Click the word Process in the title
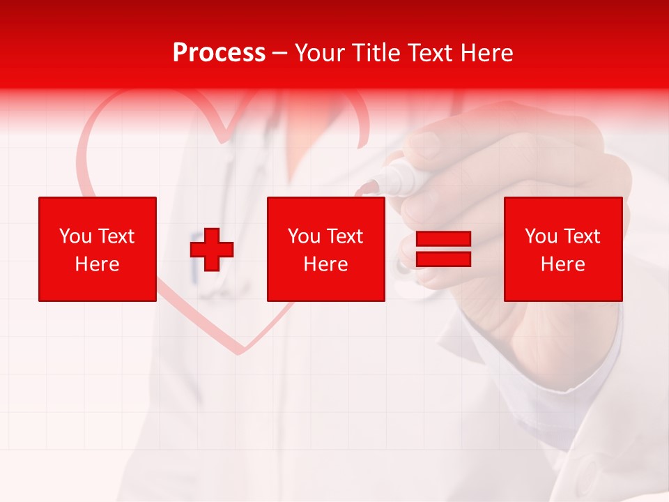[x=219, y=53]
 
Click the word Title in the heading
[x=376, y=53]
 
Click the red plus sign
[x=212, y=249]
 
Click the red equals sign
[x=444, y=249]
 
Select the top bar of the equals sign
[x=444, y=239]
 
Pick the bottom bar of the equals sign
[x=444, y=259]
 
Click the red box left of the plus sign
[x=98, y=249]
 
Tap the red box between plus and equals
[x=326, y=249]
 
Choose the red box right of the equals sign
[x=563, y=249]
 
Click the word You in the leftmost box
[x=75, y=236]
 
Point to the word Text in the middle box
[x=344, y=236]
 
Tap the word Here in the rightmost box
[x=563, y=264]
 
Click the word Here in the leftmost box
[x=98, y=264]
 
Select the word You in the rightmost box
[x=541, y=236]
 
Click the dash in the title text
[x=280, y=53]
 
